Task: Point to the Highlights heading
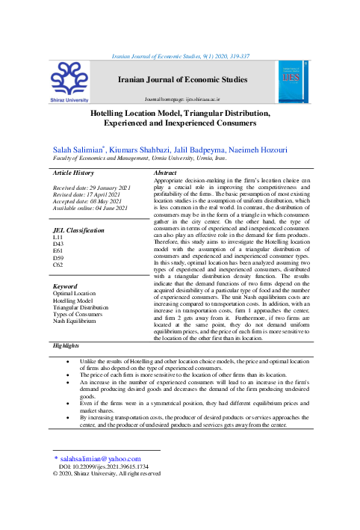tap(66, 346)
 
